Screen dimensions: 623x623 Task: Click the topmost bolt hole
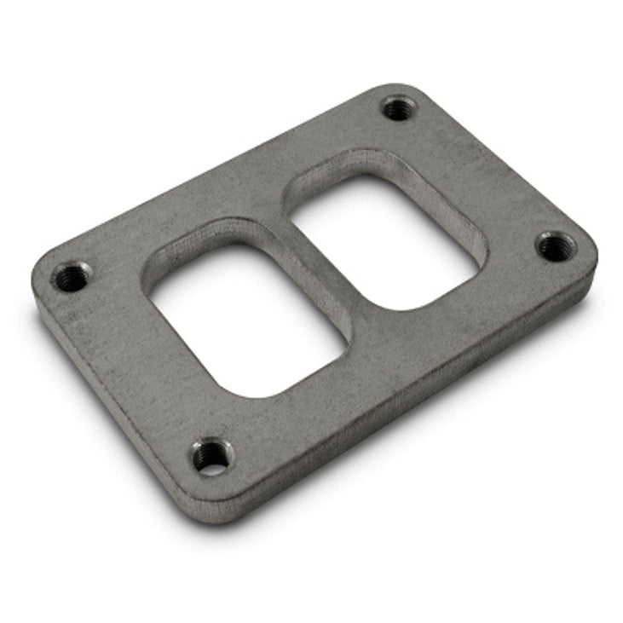click(397, 108)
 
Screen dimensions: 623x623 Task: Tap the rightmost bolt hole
click(556, 247)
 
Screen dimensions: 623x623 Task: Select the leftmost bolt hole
click(72, 276)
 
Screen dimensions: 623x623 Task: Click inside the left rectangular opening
click(247, 320)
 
